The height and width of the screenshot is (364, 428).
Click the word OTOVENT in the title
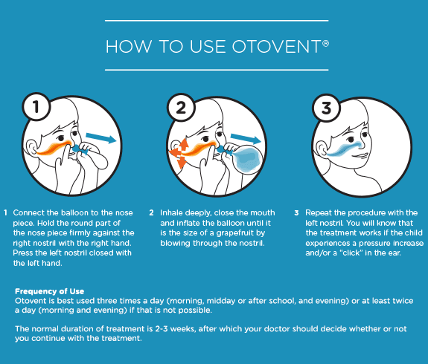click(277, 46)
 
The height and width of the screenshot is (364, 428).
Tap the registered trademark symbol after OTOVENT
click(325, 43)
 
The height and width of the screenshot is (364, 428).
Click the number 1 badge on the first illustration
click(36, 106)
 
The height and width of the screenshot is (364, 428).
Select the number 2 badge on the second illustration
click(181, 108)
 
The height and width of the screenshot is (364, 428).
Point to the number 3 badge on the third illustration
click(326, 108)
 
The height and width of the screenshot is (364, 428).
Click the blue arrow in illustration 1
click(101, 138)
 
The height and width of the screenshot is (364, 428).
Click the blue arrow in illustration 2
click(246, 139)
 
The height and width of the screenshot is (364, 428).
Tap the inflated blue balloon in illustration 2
click(248, 159)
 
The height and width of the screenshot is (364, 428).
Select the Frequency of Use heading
click(49, 291)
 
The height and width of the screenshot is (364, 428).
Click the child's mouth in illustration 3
click(360, 156)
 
